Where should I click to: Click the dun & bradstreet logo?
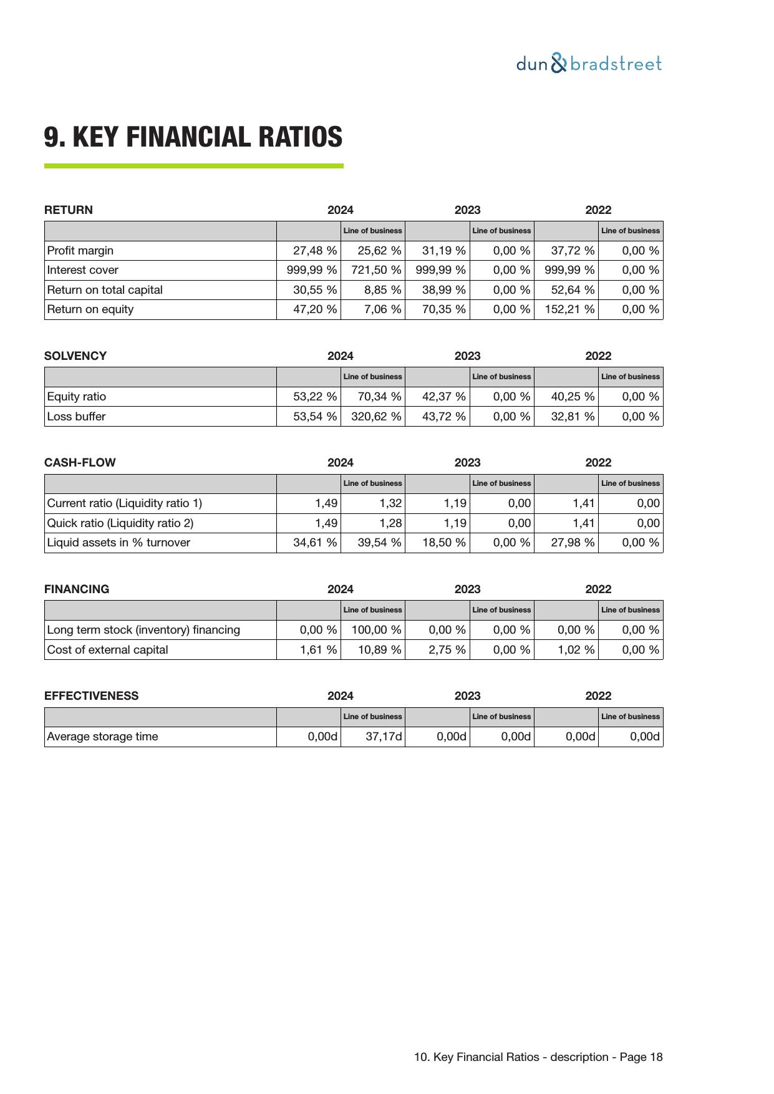coord(589,64)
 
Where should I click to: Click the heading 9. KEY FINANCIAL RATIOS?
coord(193,137)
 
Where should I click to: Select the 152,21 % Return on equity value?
coord(569,309)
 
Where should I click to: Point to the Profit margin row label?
coord(80,251)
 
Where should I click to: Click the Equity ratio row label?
coord(77,397)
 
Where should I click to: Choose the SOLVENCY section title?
coord(75,356)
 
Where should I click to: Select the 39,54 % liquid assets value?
coord(379,543)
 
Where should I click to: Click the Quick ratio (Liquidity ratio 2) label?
coord(120,523)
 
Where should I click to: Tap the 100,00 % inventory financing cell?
coord(376,630)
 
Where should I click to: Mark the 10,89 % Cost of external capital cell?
coord(379,650)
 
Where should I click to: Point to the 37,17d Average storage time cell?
coord(384,737)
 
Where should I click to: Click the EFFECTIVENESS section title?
coord(92,696)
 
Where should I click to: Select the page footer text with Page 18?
coord(538,1057)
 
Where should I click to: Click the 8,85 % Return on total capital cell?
coord(383,290)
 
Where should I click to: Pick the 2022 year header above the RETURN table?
coord(598,210)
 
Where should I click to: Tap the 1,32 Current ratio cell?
coord(390,503)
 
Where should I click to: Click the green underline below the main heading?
coord(193,166)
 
